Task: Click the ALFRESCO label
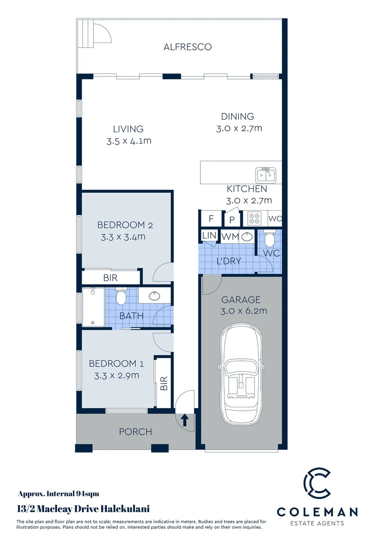188,47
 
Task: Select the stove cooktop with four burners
255,219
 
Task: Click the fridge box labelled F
210,219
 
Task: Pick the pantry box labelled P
232,219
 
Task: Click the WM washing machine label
229,236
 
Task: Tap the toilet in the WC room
269,240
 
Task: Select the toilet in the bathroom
120,297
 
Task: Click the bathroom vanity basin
154,295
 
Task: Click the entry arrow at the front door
184,420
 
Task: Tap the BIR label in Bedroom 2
110,278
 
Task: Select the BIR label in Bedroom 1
163,383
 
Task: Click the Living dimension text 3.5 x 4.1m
129,141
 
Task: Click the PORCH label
135,432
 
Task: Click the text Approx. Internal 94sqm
58,494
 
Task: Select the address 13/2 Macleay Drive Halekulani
83,509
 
